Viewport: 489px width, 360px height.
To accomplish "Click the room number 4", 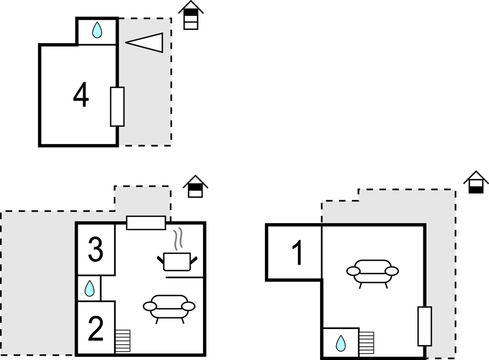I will pyautogui.click(x=81, y=96).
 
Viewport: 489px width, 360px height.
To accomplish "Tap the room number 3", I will pyautogui.click(x=95, y=250).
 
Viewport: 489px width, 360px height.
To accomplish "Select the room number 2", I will pyautogui.click(x=95, y=329).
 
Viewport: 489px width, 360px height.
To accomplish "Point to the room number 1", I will pyautogui.click(x=297, y=253).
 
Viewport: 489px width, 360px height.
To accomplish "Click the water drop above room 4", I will pyautogui.click(x=97, y=30).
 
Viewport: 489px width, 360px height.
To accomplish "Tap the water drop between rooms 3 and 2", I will pyautogui.click(x=89, y=288).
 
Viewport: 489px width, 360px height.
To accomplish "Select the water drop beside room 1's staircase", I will pyautogui.click(x=341, y=343).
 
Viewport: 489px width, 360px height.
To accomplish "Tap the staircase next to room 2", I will pyautogui.click(x=123, y=341).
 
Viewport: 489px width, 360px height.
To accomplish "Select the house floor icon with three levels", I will pyautogui.click(x=191, y=15).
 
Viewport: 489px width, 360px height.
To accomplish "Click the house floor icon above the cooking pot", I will pyautogui.click(x=195, y=187).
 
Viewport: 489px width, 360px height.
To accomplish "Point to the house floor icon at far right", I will pyautogui.click(x=476, y=182).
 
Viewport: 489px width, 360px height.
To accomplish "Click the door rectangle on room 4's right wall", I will pyautogui.click(x=117, y=107).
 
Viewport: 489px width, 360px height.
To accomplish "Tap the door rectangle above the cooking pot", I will pyautogui.click(x=146, y=223).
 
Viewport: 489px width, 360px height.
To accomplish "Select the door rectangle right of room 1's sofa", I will pyautogui.click(x=424, y=326).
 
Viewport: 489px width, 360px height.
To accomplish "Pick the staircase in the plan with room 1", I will pyautogui.click(x=366, y=343).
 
